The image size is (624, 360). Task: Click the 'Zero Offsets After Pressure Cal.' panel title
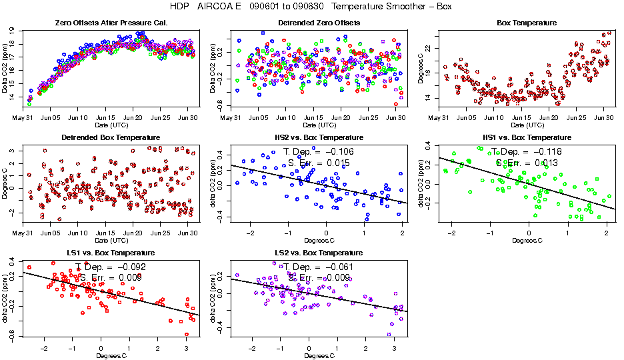tap(110, 23)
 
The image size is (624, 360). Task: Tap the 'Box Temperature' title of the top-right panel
tap(527, 23)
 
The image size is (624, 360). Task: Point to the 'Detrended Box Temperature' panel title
tap(110, 138)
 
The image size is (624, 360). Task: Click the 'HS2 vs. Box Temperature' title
tap(319, 138)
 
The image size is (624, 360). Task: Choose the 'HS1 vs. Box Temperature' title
tap(527, 138)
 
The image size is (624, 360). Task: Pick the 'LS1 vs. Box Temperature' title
tap(110, 253)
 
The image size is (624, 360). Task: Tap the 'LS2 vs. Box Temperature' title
tap(319, 253)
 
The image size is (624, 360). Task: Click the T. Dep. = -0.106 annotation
tap(319, 151)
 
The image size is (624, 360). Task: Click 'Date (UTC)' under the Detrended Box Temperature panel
tap(110, 240)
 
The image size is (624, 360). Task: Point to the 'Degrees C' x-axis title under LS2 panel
tap(319, 355)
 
